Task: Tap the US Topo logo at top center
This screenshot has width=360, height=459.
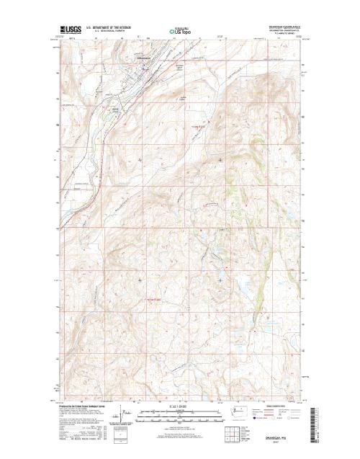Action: tap(179, 32)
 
